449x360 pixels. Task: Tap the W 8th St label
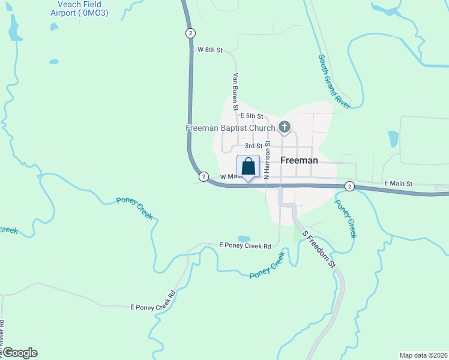click(x=210, y=50)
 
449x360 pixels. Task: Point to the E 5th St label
click(x=252, y=115)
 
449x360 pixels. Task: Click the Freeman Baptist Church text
click(x=231, y=128)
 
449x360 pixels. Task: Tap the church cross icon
click(x=285, y=127)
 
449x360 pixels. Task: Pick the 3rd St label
click(x=253, y=145)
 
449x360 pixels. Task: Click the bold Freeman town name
click(x=298, y=161)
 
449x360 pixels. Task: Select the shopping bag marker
click(x=248, y=166)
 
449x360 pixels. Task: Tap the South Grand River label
click(x=334, y=81)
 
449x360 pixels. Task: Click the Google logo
click(x=20, y=353)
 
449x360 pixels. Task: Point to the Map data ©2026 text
click(x=423, y=355)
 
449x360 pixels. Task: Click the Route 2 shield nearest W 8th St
click(x=190, y=32)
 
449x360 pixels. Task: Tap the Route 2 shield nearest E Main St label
click(x=349, y=187)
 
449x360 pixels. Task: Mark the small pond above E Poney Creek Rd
click(x=244, y=238)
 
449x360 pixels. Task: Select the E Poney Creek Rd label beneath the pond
click(x=245, y=245)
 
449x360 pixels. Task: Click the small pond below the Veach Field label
click(x=54, y=61)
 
